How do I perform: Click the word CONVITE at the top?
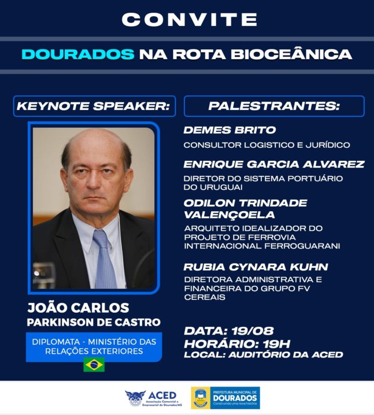(189, 19)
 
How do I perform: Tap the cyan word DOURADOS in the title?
(78, 54)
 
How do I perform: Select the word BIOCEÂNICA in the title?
(291, 53)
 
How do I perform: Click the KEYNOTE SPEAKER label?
(93, 106)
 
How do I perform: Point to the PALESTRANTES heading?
(274, 106)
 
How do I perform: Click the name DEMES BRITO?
(230, 130)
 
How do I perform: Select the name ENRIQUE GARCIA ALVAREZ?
(274, 164)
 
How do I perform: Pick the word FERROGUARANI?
(302, 246)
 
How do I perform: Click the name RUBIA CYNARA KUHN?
(256, 267)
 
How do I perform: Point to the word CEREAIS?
(205, 297)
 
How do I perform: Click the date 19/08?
(252, 331)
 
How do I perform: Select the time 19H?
(276, 344)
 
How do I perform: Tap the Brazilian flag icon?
(94, 365)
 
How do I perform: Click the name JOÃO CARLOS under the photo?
(78, 308)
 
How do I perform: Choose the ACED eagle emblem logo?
(135, 398)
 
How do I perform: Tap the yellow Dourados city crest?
(201, 398)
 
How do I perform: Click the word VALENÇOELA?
(229, 215)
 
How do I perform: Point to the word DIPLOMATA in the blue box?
(56, 342)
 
